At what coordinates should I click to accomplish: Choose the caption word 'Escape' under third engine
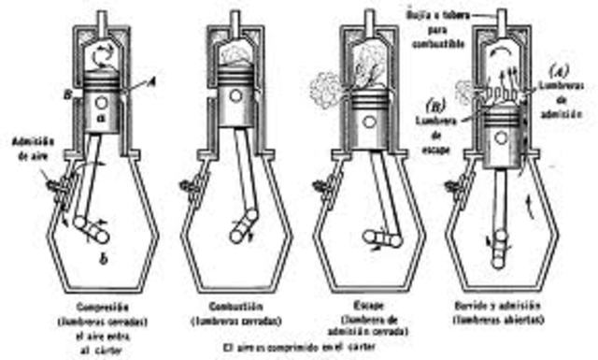coord(364,305)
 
